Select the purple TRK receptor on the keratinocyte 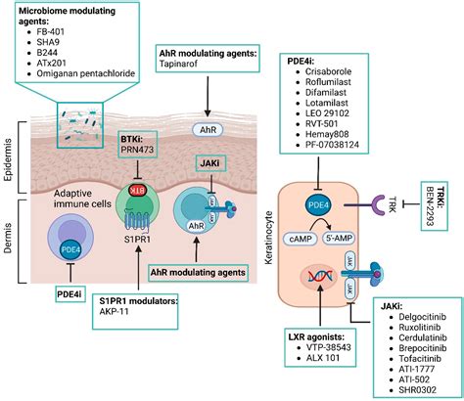click(x=381, y=204)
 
